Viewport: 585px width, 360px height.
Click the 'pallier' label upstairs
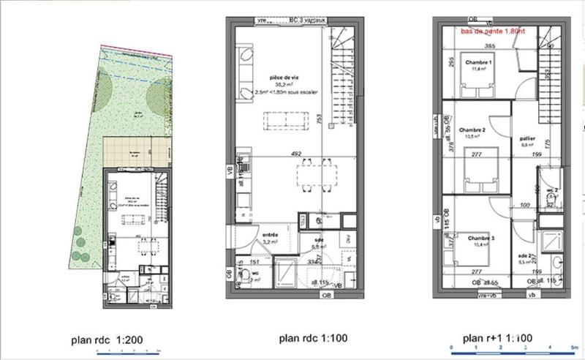coord(525,138)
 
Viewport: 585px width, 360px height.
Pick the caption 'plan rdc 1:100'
coord(311,338)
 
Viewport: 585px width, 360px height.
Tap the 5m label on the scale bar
coord(575,348)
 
